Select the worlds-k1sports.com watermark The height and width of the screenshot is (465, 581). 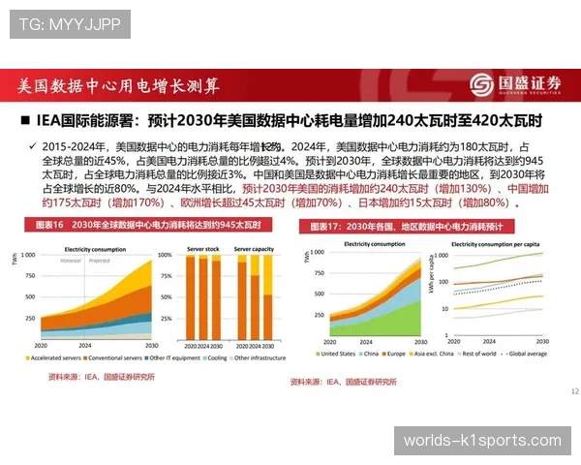click(481, 441)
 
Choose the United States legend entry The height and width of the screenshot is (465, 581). click(336, 354)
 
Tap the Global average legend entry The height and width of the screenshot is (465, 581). click(527, 354)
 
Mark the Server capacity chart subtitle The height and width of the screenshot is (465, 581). click(254, 248)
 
